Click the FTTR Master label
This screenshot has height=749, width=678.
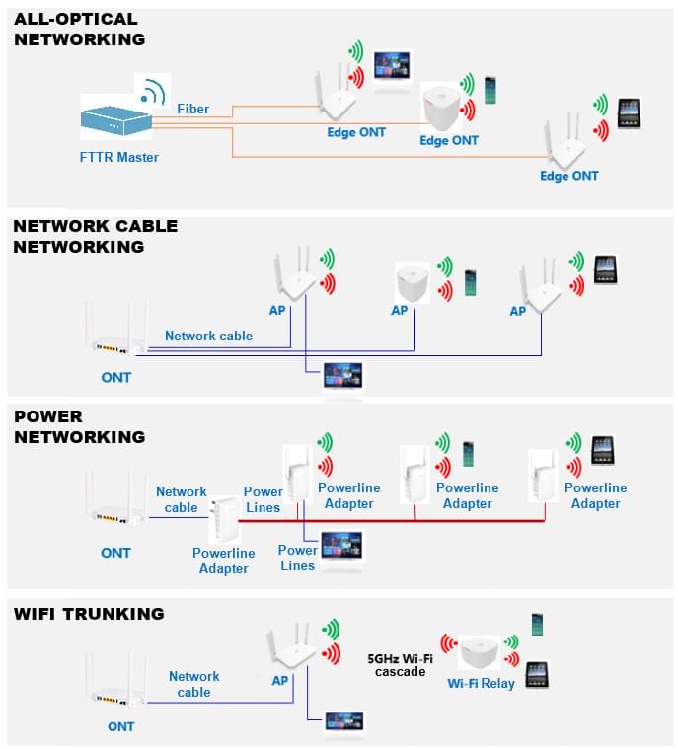[119, 157]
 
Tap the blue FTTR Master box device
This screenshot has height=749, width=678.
[116, 122]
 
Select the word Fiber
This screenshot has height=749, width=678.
[193, 109]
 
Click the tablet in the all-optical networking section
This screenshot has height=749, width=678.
[629, 113]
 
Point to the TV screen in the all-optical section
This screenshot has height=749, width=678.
[392, 65]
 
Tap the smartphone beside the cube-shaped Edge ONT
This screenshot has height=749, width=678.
[490, 90]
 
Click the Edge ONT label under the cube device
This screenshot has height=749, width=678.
[449, 140]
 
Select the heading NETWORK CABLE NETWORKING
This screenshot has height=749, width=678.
[95, 236]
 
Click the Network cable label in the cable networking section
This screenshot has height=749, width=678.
[209, 336]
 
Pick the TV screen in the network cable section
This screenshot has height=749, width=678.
[343, 376]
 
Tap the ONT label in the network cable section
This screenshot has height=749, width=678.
[116, 377]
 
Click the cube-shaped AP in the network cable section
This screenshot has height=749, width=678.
[413, 283]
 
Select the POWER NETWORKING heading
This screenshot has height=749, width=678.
[79, 426]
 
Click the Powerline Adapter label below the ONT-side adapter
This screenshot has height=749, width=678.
[224, 561]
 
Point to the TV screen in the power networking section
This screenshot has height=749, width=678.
[341, 546]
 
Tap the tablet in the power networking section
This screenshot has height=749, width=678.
[603, 450]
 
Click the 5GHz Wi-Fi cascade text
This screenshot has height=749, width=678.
[401, 665]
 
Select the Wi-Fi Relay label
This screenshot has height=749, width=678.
[482, 684]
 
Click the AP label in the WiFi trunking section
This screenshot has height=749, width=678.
[280, 680]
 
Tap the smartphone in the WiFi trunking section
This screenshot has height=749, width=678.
[538, 624]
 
